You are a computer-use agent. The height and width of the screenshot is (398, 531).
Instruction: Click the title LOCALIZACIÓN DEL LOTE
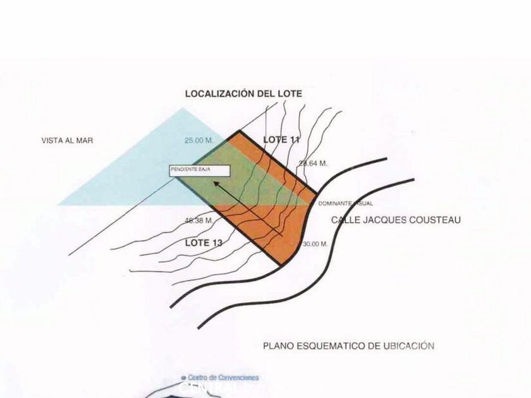click(243, 93)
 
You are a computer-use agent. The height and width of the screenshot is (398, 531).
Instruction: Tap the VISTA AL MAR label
click(66, 141)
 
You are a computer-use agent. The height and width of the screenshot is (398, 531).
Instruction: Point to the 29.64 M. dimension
click(313, 164)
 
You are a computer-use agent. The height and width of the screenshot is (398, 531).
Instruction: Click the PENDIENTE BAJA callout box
click(199, 170)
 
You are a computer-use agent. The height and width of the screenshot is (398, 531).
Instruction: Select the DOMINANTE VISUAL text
click(346, 203)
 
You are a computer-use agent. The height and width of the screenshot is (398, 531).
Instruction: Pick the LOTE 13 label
click(204, 242)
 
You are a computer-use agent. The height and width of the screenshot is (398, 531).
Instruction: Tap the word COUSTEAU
click(437, 220)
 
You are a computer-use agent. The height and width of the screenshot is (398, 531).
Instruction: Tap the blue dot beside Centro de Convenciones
click(183, 377)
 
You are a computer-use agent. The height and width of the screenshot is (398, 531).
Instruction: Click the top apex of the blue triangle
click(183, 108)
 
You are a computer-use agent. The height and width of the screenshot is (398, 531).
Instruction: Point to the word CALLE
click(346, 220)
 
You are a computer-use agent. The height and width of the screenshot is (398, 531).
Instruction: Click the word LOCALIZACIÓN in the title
click(221, 93)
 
